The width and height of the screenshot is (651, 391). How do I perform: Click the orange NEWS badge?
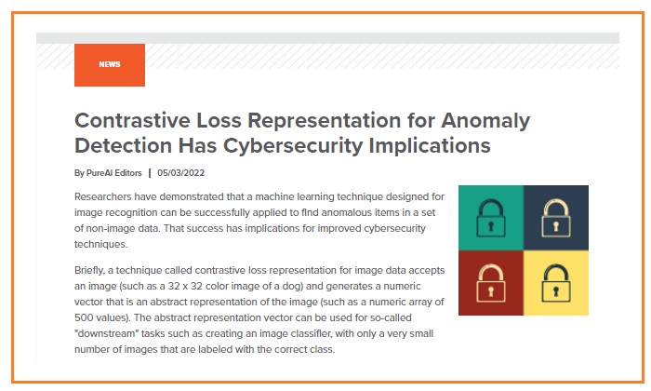(x=110, y=65)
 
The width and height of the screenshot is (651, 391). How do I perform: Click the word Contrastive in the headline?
(x=132, y=120)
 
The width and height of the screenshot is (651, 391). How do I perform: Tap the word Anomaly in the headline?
(x=485, y=121)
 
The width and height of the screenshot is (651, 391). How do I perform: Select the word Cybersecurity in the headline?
(x=293, y=146)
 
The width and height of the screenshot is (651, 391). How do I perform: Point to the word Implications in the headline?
(x=430, y=146)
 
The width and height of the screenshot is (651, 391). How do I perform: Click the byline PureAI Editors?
(x=113, y=173)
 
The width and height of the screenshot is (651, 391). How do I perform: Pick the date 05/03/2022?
(x=181, y=173)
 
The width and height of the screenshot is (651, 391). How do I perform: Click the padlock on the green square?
(x=491, y=218)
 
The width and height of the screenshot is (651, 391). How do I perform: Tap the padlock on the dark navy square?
(x=556, y=218)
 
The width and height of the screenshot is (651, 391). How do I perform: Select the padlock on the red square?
(x=491, y=283)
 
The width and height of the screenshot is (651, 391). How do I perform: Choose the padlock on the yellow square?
(x=556, y=283)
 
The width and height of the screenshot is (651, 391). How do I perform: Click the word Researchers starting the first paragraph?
(x=103, y=196)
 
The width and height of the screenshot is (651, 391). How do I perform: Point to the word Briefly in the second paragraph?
(x=89, y=271)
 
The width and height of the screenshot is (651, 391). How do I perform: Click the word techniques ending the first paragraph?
(x=100, y=244)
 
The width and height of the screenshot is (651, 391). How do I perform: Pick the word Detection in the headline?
(x=124, y=146)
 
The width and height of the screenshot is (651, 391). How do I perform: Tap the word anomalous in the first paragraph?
(x=345, y=213)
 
